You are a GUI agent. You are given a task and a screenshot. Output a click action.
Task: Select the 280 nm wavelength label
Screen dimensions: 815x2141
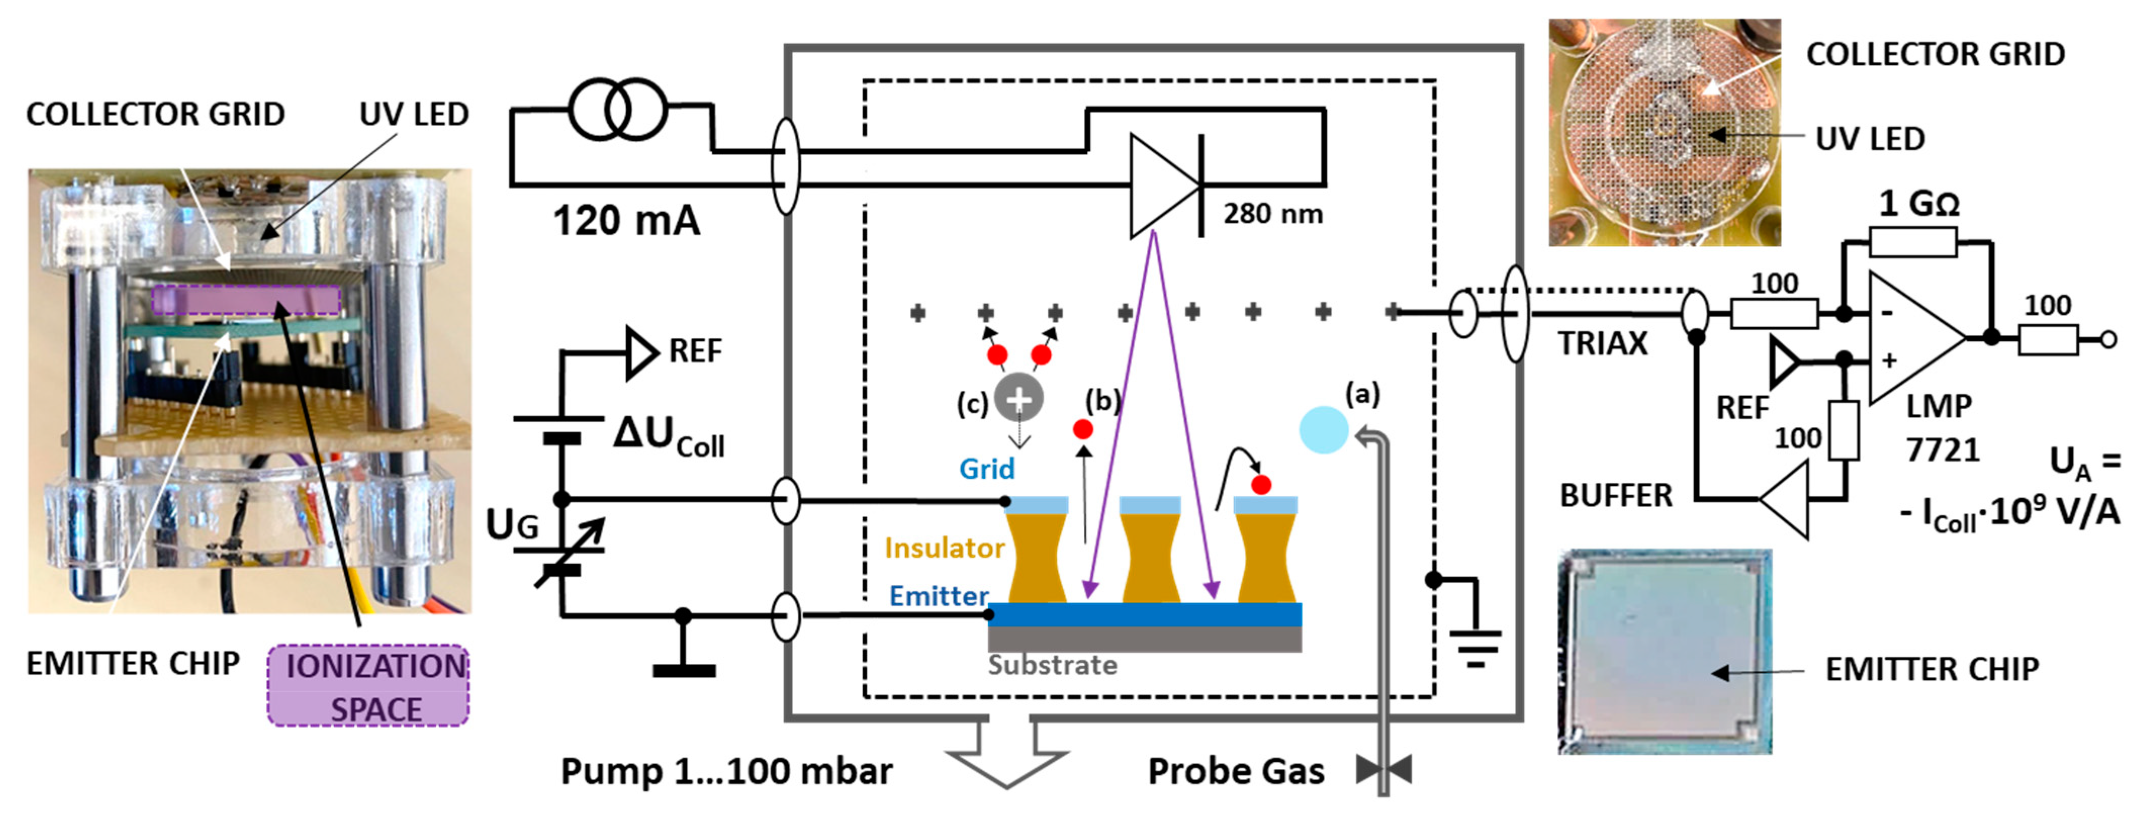[x=1272, y=214]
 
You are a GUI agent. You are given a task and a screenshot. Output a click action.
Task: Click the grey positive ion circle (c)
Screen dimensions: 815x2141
[x=1019, y=399]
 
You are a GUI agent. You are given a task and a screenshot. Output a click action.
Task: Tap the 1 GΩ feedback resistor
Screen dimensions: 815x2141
[x=1913, y=243]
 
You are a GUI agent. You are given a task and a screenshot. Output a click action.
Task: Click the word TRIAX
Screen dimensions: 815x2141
[x=1602, y=343]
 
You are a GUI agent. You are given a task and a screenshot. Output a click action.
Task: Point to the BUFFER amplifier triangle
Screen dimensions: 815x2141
[x=1787, y=500]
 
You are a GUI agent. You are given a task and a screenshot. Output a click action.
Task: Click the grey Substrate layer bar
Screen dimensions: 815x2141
[x=1144, y=639]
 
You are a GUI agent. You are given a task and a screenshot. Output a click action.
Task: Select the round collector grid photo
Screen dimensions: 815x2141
[x=1665, y=133]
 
